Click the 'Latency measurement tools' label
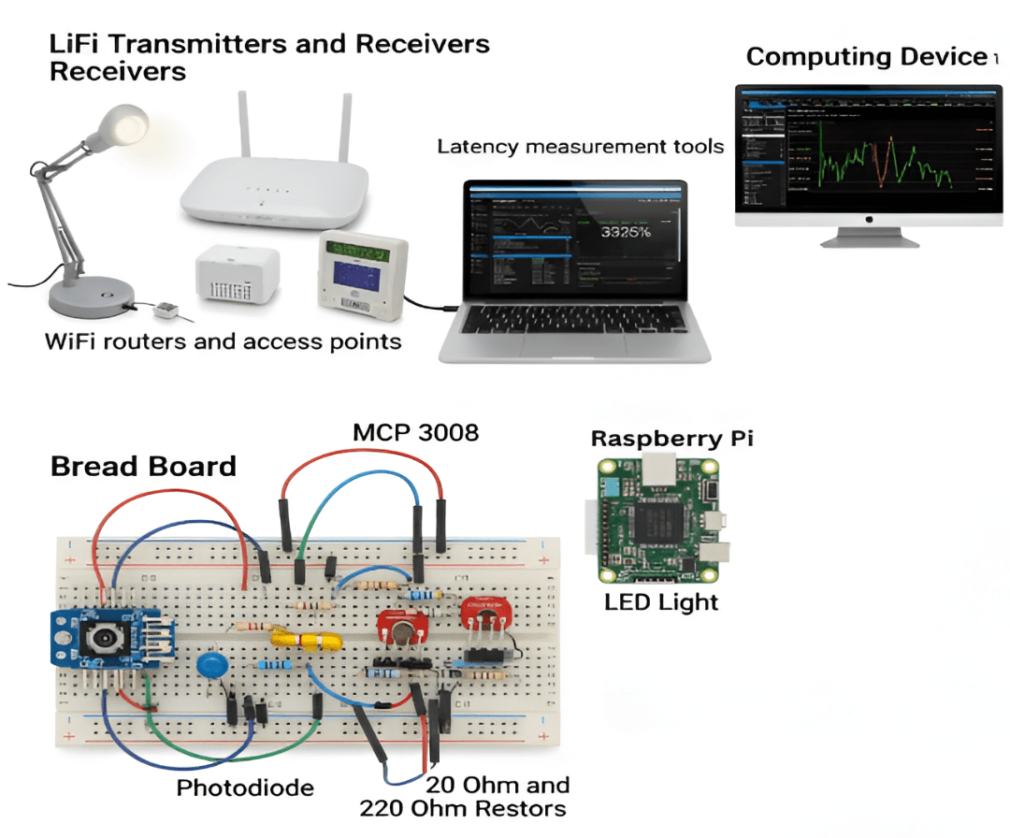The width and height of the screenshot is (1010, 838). point(580,147)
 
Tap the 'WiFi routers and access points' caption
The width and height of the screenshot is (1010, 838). point(224,341)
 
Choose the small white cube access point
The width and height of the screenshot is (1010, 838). point(236,277)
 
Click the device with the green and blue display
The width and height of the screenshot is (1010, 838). point(365,270)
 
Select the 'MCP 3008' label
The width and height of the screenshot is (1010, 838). point(415,433)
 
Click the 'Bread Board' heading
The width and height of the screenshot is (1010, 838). point(143,466)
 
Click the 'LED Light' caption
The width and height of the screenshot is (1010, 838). point(661,600)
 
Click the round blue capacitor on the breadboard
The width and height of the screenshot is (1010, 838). point(214,666)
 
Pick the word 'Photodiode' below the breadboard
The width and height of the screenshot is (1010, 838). point(245,788)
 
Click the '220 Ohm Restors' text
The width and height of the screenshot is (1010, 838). point(464,808)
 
